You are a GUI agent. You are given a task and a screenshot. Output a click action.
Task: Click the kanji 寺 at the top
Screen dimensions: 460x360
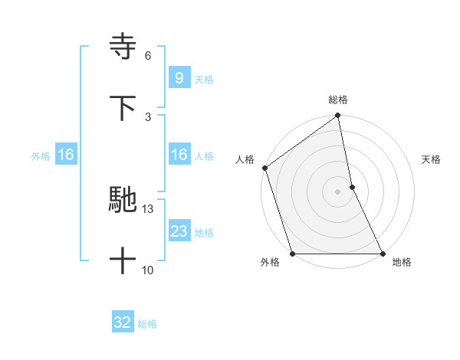123,47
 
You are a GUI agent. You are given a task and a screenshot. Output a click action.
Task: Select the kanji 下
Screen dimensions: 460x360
123,108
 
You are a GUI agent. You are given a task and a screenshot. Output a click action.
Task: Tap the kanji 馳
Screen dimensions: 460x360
123,201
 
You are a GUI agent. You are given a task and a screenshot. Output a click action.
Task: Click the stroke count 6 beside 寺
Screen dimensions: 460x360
148,56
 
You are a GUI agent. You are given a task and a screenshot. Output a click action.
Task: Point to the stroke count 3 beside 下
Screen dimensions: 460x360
148,116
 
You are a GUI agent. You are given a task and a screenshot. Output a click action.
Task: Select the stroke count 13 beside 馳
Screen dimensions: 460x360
148,209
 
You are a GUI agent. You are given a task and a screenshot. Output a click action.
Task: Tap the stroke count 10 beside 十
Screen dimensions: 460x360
148,270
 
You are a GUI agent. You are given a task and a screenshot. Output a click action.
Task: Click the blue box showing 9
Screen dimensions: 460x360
179,77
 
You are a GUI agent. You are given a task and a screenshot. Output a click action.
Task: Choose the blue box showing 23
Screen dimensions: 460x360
179,231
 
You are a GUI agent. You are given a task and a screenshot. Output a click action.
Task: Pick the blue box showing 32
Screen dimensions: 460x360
123,322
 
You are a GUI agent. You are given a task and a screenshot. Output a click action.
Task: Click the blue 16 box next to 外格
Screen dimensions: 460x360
66,155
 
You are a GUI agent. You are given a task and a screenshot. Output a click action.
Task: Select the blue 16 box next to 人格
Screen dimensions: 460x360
179,155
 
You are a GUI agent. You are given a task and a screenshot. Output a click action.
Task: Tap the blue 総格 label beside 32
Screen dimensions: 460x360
147,324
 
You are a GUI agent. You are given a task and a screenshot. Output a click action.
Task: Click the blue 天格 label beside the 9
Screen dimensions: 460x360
204,79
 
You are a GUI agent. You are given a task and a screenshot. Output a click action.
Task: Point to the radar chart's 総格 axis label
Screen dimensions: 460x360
338,100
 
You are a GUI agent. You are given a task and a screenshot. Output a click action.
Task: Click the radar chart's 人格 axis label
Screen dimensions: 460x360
245,159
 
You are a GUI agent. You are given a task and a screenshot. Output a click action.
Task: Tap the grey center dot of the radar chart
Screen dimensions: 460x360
338,191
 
